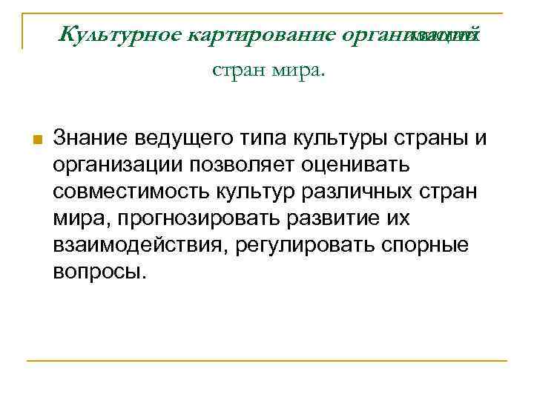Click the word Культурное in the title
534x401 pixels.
121,35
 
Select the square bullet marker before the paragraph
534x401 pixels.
36,140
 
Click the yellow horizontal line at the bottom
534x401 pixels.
267,361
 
